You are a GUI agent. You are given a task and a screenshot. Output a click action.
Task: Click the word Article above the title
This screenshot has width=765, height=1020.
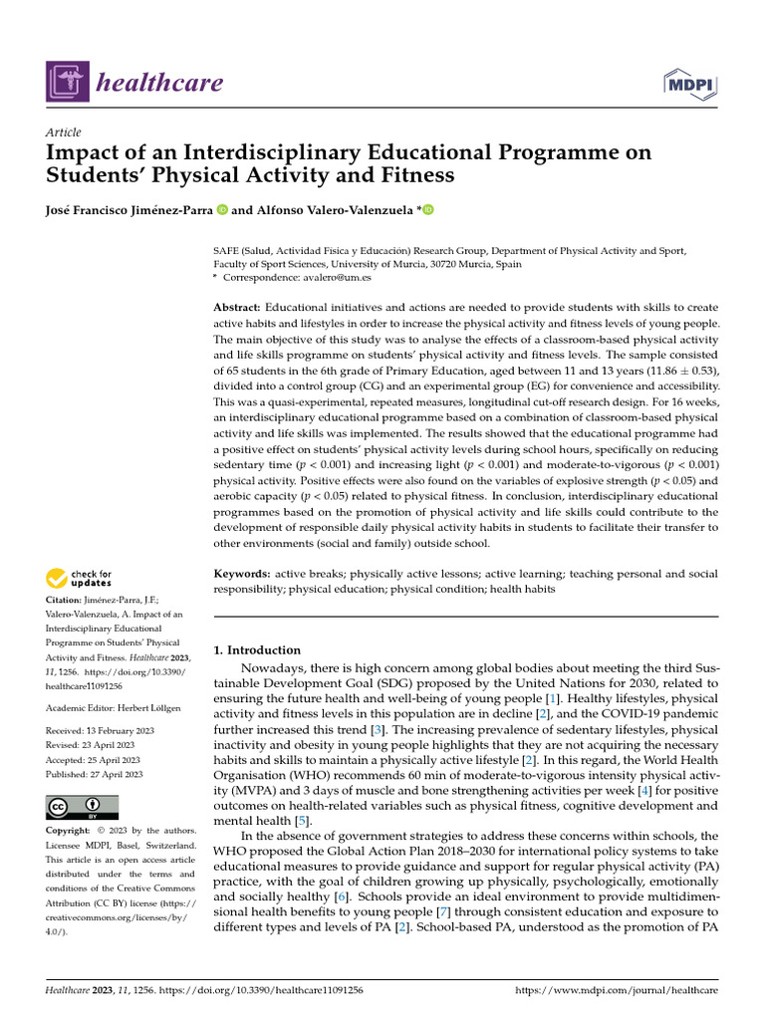[64, 132]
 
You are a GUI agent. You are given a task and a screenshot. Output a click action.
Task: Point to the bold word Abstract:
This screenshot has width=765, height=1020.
[238, 308]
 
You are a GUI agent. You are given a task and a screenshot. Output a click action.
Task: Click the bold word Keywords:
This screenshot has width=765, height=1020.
[242, 575]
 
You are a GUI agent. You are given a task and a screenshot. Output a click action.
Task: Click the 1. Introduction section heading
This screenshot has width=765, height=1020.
[258, 650]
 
